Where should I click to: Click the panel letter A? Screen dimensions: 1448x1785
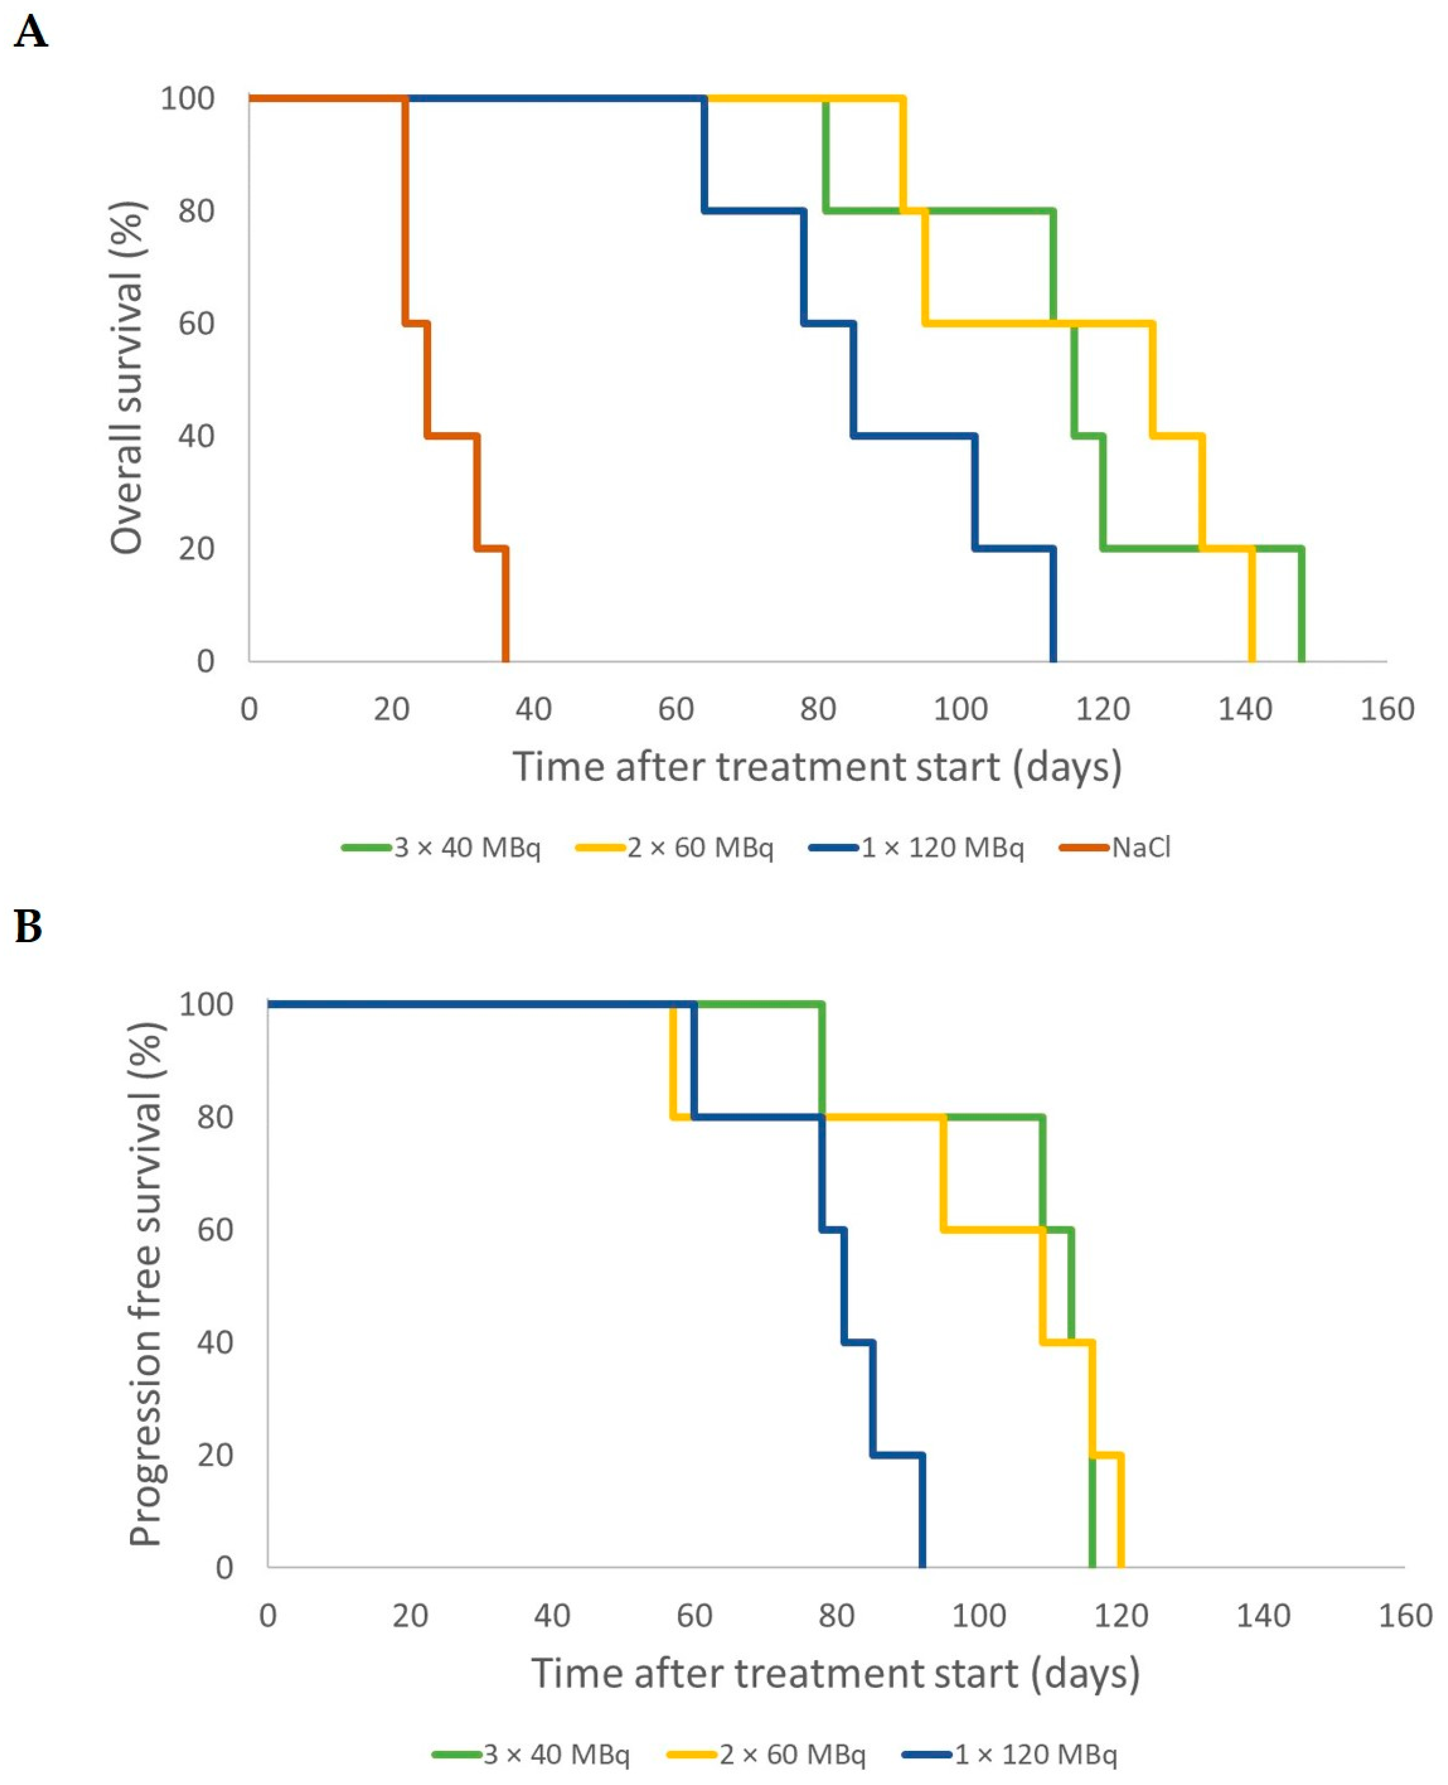(31, 33)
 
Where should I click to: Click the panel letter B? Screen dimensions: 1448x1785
(28, 927)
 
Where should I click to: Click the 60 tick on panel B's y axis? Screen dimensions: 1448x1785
(215, 1230)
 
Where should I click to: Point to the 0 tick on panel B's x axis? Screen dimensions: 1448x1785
(268, 1616)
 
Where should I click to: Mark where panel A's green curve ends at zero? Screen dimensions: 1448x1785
(1301, 660)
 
